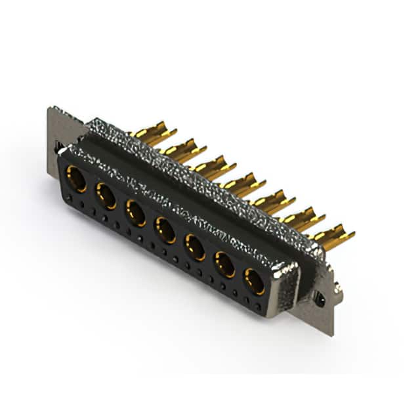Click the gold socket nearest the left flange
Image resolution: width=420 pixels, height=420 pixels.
pyautogui.click(x=77, y=179)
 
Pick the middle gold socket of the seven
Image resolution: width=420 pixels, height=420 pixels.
pyautogui.click(x=165, y=230)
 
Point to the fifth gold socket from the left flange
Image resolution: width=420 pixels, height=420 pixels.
pyautogui.click(x=195, y=247)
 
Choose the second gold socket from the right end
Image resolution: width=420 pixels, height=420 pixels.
pyautogui.click(x=224, y=264)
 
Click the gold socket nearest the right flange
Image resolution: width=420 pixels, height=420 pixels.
pyautogui.click(x=254, y=282)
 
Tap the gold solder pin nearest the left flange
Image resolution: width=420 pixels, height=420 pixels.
pyautogui.click(x=155, y=132)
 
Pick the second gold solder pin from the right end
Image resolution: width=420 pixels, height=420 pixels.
pyautogui.click(x=303, y=219)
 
